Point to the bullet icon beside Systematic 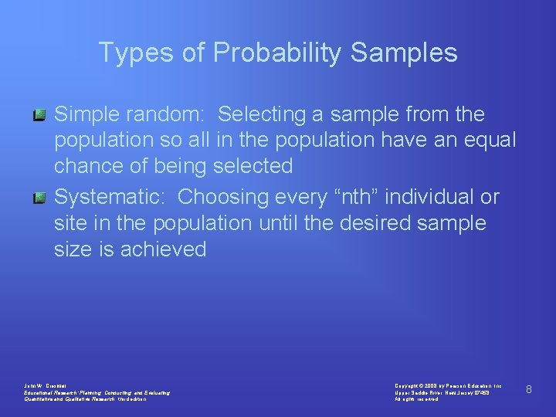click(40, 198)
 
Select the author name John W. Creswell click(46, 385)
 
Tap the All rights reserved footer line click(417, 399)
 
